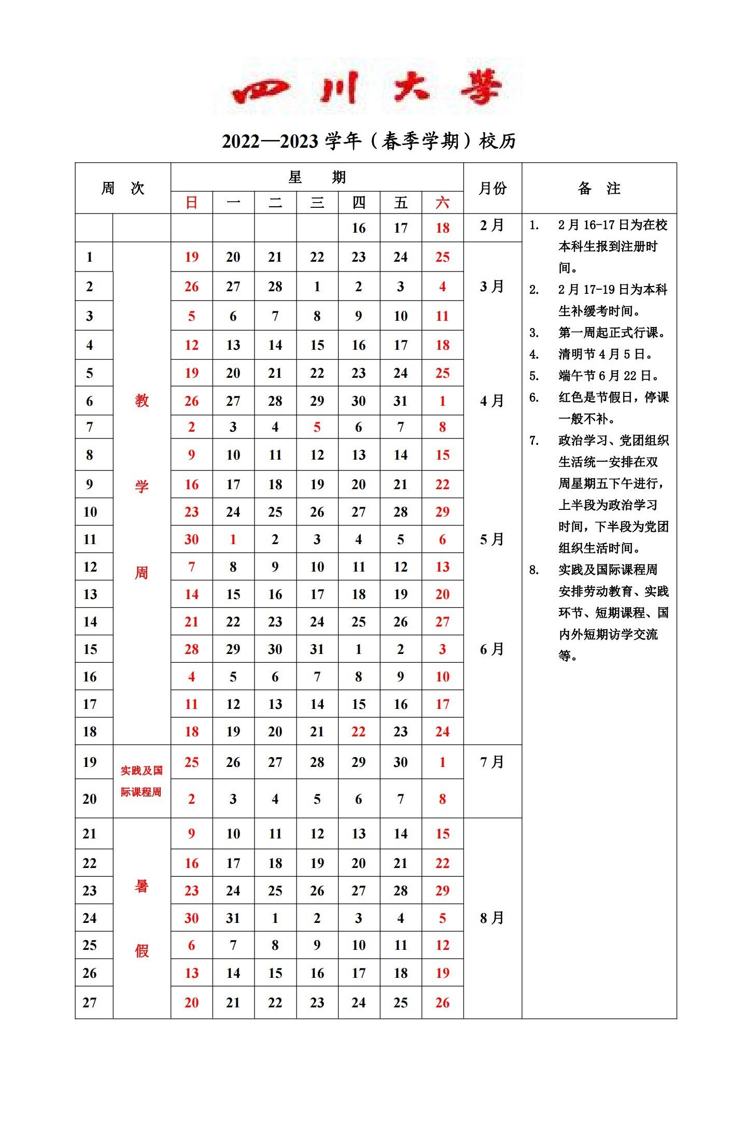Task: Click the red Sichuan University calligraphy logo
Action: (367, 88)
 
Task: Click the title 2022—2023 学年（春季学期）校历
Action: (369, 141)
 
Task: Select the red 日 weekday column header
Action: (191, 203)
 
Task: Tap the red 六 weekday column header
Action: (442, 203)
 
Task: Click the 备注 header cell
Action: (599, 188)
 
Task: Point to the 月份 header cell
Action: (492, 188)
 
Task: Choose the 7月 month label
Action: (492, 762)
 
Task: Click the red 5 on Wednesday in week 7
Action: (317, 427)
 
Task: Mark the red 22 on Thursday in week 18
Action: (358, 731)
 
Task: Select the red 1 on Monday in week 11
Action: (233, 539)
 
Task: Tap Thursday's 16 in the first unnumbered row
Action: (358, 228)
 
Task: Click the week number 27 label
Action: (90, 1002)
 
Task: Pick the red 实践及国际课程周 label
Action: (142, 781)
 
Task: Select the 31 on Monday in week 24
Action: (233, 918)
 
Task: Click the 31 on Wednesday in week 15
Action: (317, 649)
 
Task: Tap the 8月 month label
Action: (492, 918)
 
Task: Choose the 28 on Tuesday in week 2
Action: (275, 287)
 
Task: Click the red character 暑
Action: (142, 886)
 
